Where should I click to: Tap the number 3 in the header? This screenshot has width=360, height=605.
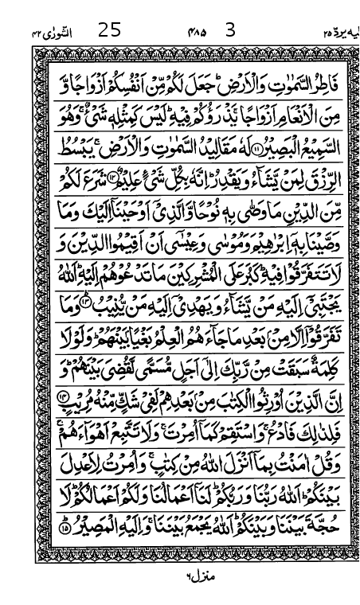tap(231, 31)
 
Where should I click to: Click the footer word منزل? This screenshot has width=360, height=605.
tap(186, 571)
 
